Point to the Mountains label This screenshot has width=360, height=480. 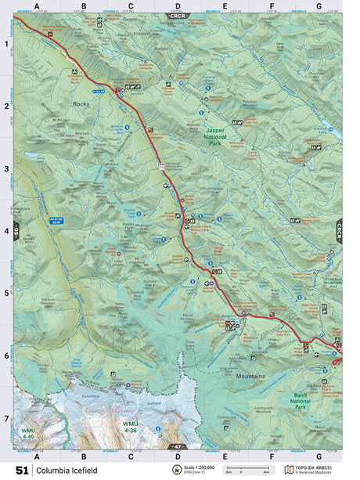coord(250,376)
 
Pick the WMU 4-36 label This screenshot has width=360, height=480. coord(130,427)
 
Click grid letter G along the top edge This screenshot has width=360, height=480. coord(318,5)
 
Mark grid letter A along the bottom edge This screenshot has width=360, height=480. coord(36,455)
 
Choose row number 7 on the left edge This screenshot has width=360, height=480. coord(6,418)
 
